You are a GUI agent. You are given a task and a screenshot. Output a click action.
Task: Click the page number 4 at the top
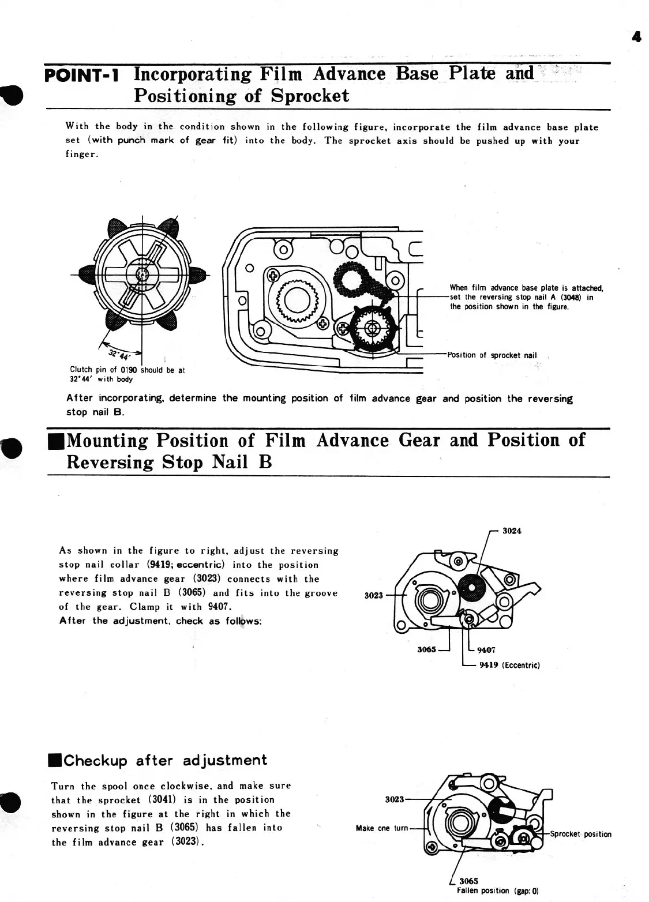[x=637, y=37]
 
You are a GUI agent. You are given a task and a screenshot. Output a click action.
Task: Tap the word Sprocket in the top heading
[x=310, y=95]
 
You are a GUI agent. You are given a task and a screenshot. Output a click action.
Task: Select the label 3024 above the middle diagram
[x=512, y=531]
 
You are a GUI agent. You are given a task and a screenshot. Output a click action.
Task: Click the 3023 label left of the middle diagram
[x=374, y=595]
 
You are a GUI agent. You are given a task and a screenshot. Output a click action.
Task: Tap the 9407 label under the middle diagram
[x=487, y=650]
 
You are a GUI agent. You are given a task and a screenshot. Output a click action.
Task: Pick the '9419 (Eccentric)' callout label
[x=509, y=665]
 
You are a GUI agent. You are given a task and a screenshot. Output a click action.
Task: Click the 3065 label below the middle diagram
[x=426, y=649]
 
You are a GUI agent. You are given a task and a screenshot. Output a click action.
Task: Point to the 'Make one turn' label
[x=382, y=828]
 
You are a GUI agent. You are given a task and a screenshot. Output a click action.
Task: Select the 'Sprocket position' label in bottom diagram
[x=580, y=834]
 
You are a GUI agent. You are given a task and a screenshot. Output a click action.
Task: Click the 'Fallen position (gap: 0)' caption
[x=497, y=890]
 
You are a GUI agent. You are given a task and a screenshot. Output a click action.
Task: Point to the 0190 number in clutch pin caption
[x=127, y=370]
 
